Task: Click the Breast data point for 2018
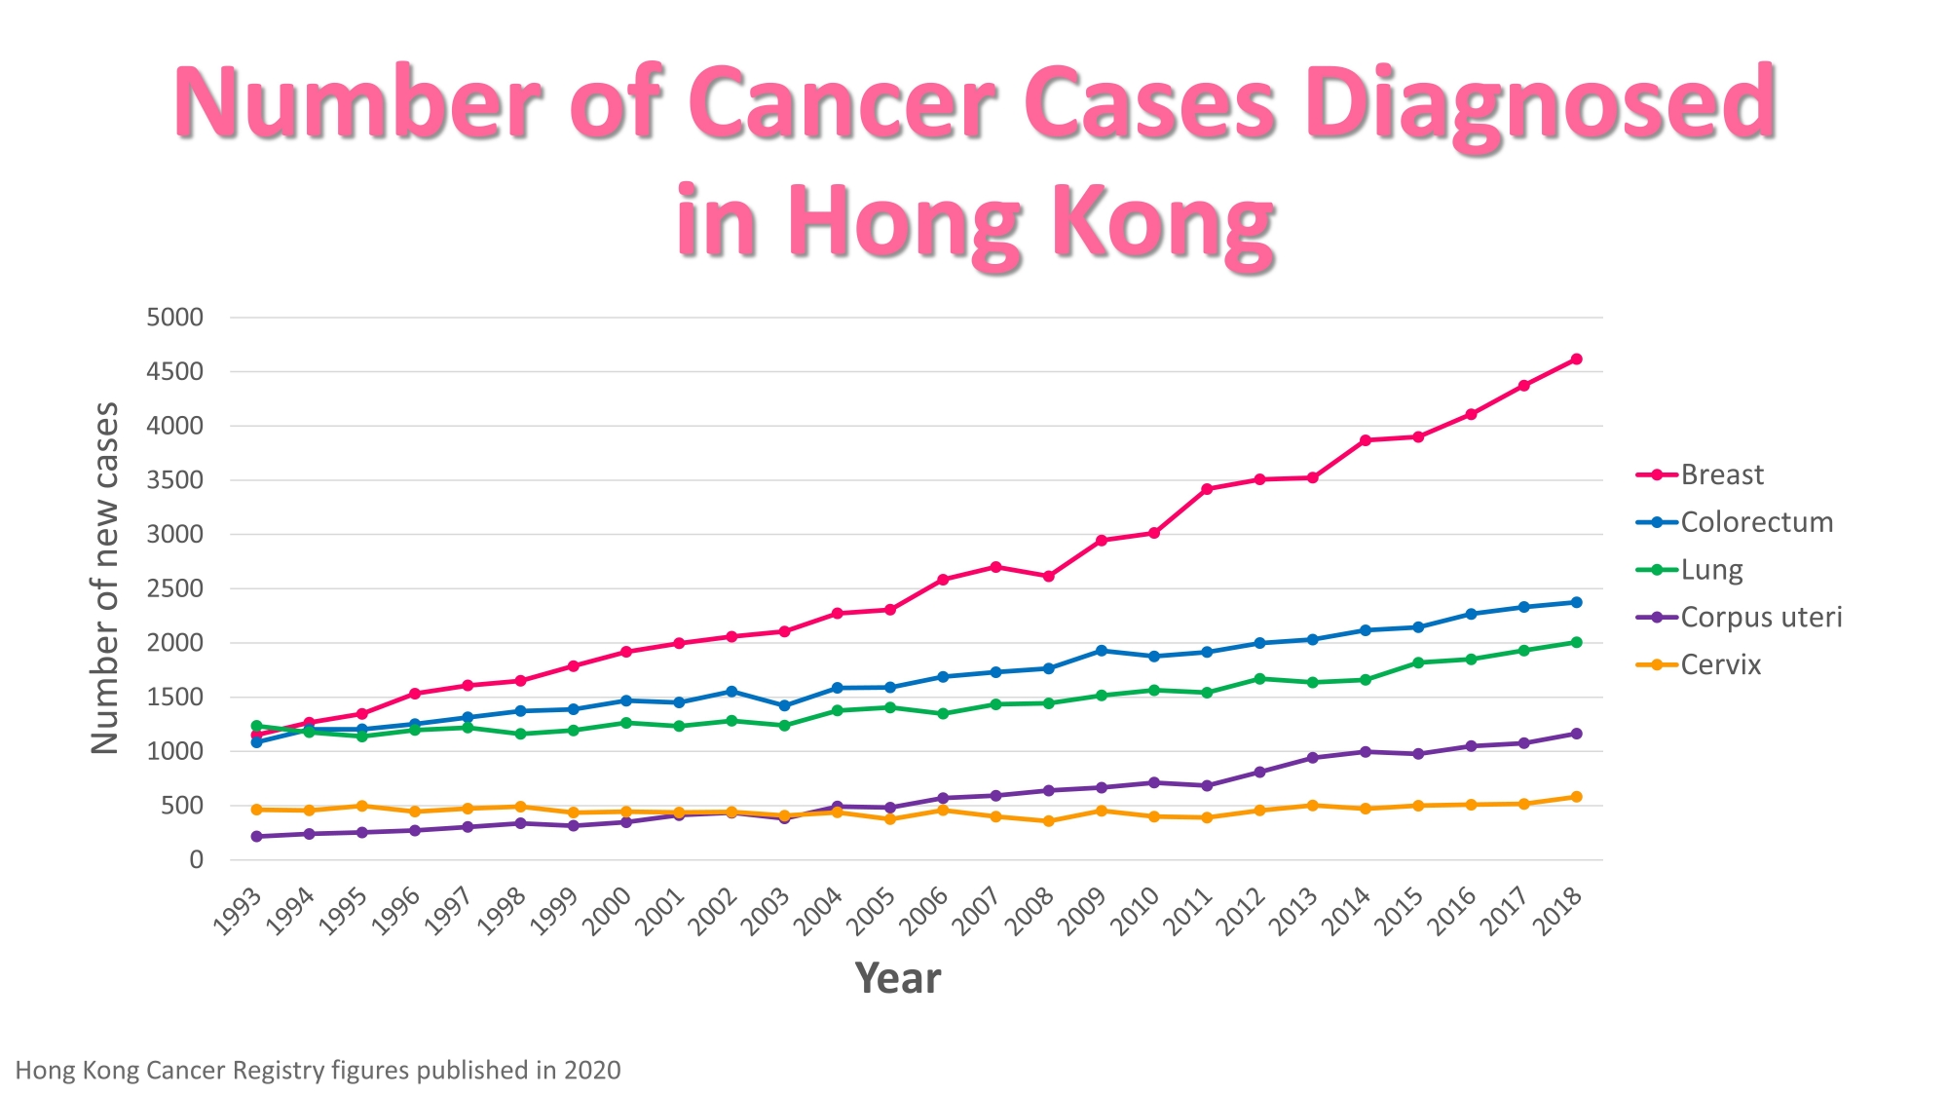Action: pos(1576,359)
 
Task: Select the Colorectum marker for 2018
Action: pos(1576,602)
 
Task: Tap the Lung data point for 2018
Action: pos(1576,642)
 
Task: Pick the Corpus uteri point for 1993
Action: pos(256,836)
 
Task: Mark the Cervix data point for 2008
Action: pos(1048,821)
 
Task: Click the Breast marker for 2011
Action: pos(1207,489)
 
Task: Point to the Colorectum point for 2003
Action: pos(784,705)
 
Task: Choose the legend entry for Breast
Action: pos(1721,474)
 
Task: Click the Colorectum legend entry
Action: pos(1756,522)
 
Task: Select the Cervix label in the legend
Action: pos(1720,664)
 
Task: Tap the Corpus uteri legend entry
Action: pos(1761,617)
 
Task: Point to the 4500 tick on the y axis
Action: pos(174,371)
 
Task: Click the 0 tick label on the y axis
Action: pos(196,859)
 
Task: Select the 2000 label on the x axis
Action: pos(608,912)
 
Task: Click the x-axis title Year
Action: pos(897,978)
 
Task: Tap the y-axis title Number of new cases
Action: pos(104,578)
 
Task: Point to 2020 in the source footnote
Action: pos(591,1070)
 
